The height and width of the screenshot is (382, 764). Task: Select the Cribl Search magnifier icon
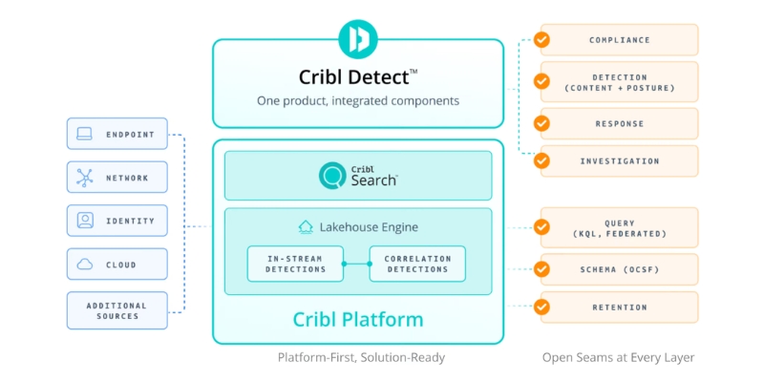(332, 176)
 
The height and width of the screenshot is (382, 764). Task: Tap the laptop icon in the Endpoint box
(85, 134)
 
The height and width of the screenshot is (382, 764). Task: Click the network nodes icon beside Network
(85, 178)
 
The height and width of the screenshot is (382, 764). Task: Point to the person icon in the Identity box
(85, 221)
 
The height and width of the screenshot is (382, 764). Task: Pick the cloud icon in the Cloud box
(85, 265)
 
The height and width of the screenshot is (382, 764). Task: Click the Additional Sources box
(117, 310)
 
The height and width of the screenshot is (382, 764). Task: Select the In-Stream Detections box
(295, 264)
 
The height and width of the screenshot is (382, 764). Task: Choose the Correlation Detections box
(417, 264)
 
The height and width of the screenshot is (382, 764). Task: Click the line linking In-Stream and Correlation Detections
(356, 264)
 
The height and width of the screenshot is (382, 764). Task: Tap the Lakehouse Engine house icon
(306, 227)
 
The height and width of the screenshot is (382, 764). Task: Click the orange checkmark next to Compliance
(541, 39)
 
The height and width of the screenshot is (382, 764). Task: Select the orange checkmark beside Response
(541, 123)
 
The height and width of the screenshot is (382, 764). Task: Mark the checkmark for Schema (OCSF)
(541, 269)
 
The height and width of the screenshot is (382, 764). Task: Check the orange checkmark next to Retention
(541, 307)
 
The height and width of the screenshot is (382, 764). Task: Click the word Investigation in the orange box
(619, 160)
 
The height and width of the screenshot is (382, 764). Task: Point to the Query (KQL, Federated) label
(619, 228)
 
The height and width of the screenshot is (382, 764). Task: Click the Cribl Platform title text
(358, 320)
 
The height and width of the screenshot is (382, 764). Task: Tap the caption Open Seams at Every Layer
(618, 357)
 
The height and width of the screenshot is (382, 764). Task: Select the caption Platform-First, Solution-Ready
(361, 357)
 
